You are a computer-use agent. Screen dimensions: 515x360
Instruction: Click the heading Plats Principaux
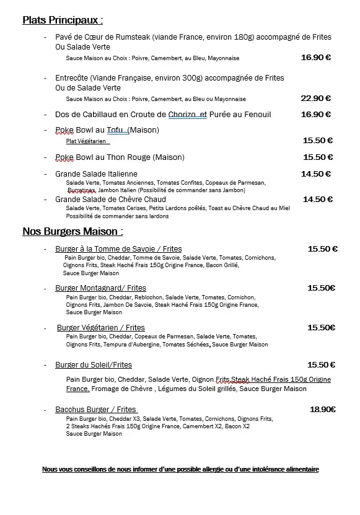(63, 20)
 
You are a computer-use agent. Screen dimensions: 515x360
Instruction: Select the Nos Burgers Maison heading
(72, 232)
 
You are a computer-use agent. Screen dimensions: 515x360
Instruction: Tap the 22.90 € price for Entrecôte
(315, 99)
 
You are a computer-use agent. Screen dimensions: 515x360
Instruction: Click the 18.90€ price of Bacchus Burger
(322, 410)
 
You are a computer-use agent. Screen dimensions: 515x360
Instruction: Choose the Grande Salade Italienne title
(96, 174)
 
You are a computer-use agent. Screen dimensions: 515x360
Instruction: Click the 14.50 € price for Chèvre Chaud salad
(317, 200)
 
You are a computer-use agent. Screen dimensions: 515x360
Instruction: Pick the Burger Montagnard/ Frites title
(100, 288)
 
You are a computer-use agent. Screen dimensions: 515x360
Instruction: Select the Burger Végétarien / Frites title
(100, 328)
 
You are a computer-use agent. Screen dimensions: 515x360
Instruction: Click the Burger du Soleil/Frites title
(94, 365)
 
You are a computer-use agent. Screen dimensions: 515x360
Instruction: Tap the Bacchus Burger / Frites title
(96, 410)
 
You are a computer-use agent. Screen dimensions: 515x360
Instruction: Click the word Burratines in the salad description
(81, 190)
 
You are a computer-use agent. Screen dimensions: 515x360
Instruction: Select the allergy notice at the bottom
(180, 470)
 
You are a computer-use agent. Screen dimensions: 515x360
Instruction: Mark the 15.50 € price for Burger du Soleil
(321, 365)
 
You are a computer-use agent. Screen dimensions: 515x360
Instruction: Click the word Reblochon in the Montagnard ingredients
(143, 297)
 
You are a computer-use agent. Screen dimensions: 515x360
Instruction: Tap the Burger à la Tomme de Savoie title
(118, 249)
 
